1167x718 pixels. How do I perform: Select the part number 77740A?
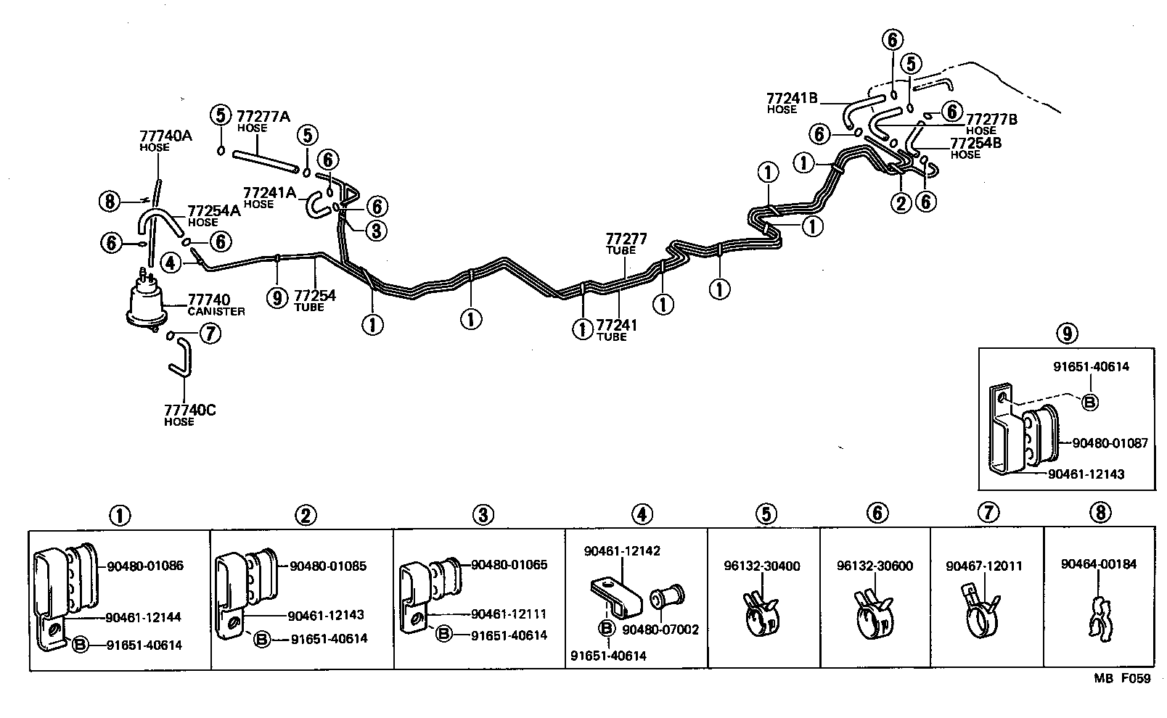click(165, 135)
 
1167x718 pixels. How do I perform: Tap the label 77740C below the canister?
click(190, 410)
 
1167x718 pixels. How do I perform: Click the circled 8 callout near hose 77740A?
click(110, 201)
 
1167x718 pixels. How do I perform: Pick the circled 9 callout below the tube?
click(277, 297)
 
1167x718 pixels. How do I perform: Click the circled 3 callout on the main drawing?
click(375, 231)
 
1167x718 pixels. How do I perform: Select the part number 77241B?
click(793, 98)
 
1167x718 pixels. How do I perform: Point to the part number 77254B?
click(976, 143)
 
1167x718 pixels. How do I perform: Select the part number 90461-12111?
click(509, 614)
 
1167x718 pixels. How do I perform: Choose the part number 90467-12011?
click(985, 566)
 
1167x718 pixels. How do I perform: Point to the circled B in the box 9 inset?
click(1089, 403)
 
